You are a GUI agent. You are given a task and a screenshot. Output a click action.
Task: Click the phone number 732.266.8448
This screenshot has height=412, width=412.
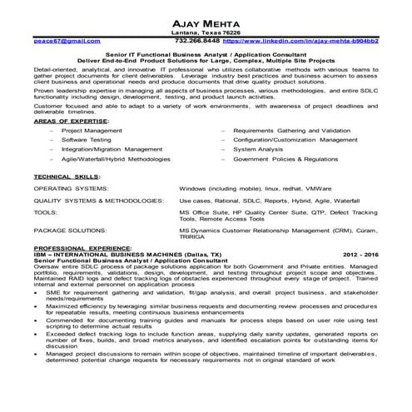197,39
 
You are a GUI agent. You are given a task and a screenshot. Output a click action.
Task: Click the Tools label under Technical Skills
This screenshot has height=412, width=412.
45,236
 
